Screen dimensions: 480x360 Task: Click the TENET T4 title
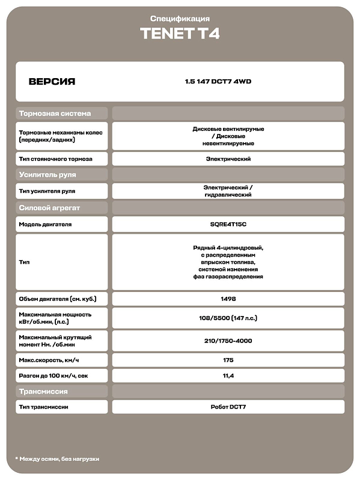coord(180,34)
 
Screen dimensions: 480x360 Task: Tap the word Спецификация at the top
coord(180,19)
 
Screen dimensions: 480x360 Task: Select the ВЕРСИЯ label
coord(52,82)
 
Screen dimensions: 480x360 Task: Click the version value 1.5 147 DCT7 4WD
coord(218,82)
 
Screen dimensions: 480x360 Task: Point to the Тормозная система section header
coord(55,113)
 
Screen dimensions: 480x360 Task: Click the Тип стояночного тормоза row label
coord(55,159)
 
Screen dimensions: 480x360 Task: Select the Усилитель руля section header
coord(48,175)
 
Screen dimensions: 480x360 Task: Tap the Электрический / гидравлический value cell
coord(228,191)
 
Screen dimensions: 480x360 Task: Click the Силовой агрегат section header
coord(50,208)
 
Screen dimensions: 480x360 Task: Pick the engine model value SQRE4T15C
coord(228,224)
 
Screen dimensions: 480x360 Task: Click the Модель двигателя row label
coord(46,224)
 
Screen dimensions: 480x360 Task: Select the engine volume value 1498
coord(228,299)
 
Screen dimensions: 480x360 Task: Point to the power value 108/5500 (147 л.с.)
coord(228,318)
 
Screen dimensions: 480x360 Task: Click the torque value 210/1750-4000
coord(228,341)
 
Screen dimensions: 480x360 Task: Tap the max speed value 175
coord(228,360)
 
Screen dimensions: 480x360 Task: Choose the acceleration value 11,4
coord(228,375)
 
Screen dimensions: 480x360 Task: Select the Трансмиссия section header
coord(43,391)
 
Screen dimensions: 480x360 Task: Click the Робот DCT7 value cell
coord(228,407)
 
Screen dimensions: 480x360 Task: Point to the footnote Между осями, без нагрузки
coord(57,459)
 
